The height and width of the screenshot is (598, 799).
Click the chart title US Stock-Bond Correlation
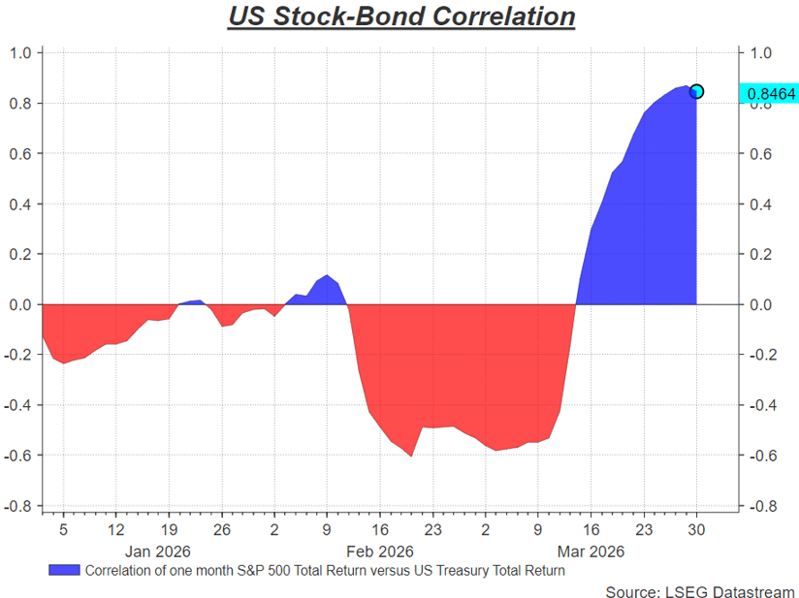pos(401,17)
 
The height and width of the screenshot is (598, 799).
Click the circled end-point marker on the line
pos(696,91)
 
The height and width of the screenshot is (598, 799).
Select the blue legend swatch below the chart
pos(63,570)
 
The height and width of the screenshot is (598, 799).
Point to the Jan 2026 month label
pos(158,550)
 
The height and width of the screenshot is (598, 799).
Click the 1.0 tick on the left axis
pos(20,52)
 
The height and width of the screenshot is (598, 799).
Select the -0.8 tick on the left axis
pos(18,506)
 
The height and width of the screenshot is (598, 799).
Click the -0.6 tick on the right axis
pos(763,456)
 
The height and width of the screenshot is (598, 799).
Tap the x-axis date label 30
pos(696,530)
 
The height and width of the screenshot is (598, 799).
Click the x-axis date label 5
pos(63,530)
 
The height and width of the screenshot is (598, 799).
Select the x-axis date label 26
pos(221,530)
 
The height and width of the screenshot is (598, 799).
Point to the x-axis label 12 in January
pos(115,530)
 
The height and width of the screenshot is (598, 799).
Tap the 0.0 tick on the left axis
pos(20,304)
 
